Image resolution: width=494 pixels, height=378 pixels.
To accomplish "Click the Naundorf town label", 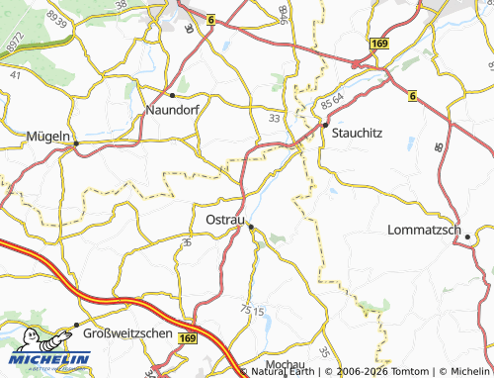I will click(x=174, y=111).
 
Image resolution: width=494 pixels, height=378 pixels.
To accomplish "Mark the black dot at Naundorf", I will click(x=173, y=95).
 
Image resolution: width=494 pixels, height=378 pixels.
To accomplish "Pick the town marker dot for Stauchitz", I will click(x=324, y=126).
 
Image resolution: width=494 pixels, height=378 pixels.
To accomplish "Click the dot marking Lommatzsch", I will click(x=467, y=236).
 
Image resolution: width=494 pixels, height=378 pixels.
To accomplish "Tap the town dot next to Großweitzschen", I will click(x=76, y=326).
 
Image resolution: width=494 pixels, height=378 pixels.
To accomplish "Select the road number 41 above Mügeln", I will click(x=15, y=74).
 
